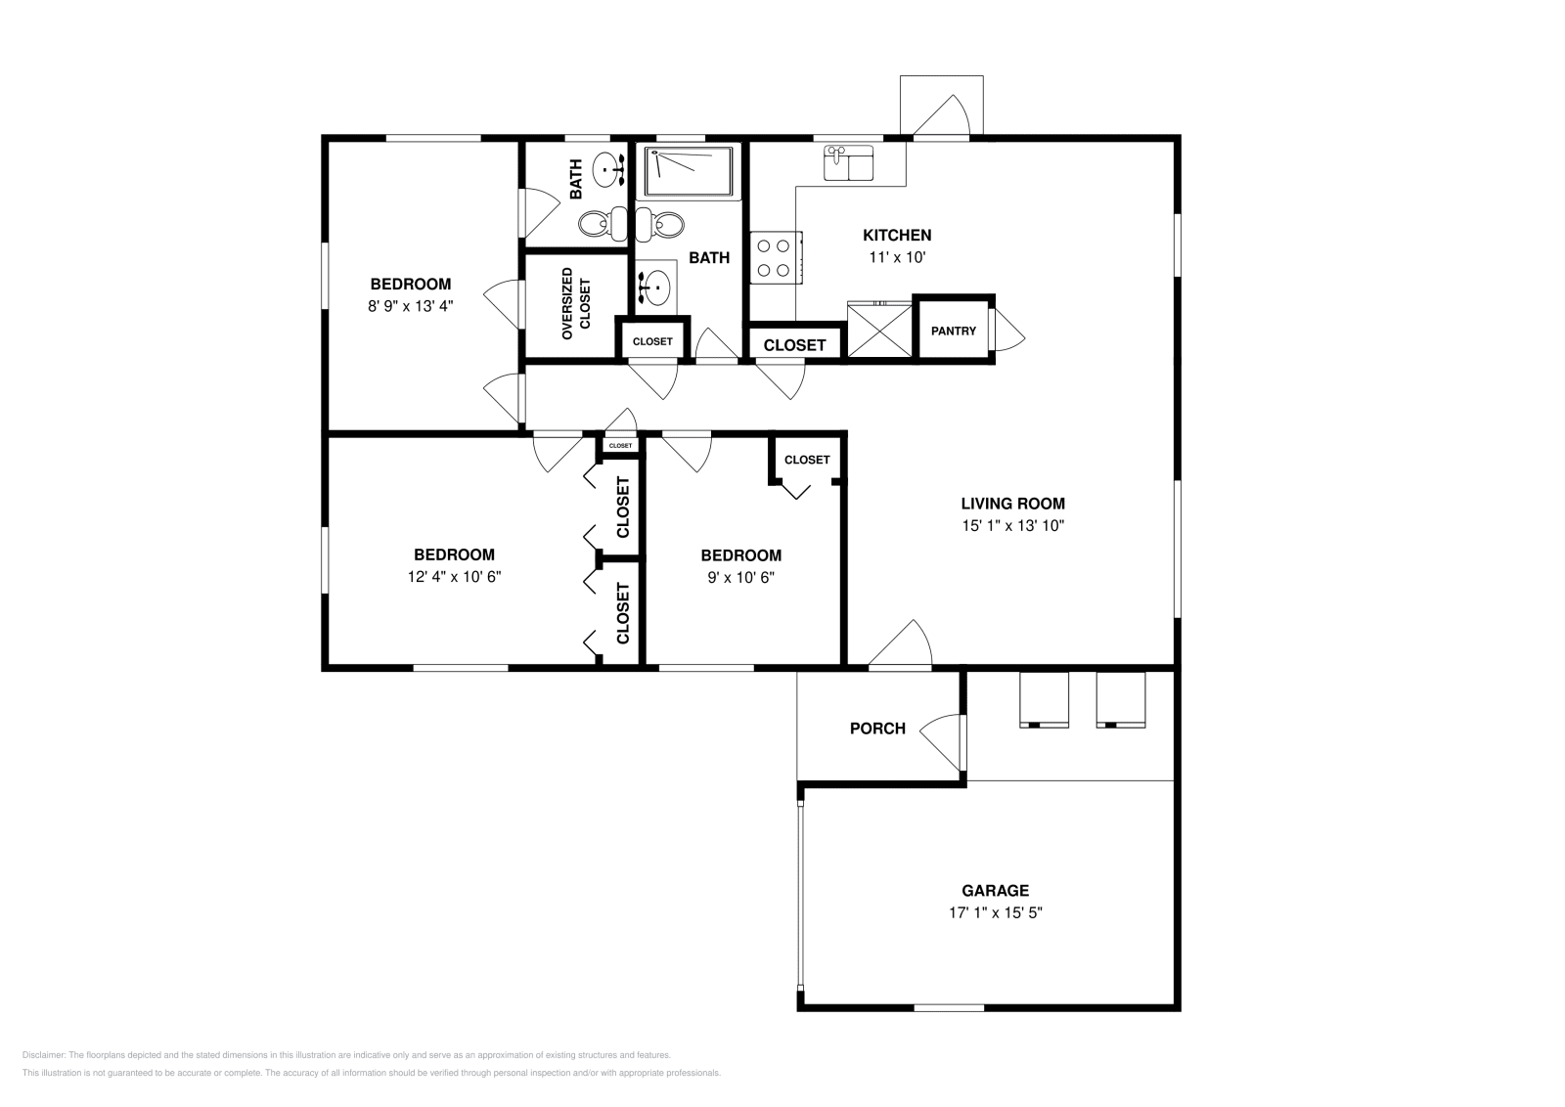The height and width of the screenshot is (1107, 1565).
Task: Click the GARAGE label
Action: point(995,891)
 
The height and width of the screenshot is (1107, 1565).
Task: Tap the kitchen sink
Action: point(848,163)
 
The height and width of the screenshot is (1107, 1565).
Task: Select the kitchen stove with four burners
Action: point(775,258)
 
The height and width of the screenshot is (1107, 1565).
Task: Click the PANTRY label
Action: point(953,332)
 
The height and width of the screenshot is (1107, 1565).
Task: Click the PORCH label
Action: point(877,729)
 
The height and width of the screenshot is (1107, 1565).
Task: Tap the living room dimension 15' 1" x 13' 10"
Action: point(1012,526)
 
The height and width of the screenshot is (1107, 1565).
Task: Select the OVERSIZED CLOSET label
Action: point(575,304)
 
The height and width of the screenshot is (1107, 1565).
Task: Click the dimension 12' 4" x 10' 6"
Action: point(454,577)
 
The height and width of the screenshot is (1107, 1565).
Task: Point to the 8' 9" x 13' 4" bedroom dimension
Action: point(410,306)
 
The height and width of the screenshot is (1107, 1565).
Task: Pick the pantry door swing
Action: point(1008,331)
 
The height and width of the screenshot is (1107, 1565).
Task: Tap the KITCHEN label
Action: point(897,236)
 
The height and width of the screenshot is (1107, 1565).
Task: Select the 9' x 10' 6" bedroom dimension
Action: point(740,577)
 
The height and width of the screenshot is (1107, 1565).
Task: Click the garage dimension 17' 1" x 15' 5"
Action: point(995,913)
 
